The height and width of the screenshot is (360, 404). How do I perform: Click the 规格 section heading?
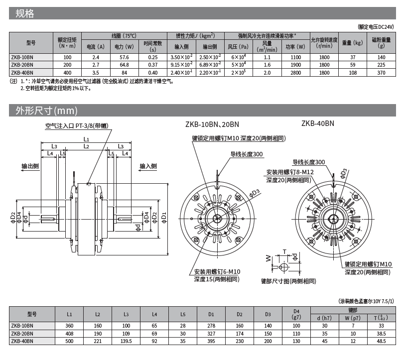click(25, 14)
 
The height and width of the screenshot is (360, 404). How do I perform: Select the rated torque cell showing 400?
click(67, 73)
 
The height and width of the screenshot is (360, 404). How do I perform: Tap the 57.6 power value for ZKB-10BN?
click(124, 58)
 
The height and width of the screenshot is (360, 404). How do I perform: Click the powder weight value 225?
click(382, 65)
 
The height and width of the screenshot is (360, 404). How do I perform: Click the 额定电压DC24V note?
click(376, 27)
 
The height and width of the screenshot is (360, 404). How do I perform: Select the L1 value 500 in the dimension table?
click(69, 341)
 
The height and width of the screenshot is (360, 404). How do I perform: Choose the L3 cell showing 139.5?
click(126, 341)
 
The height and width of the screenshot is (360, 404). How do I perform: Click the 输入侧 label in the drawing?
click(148, 166)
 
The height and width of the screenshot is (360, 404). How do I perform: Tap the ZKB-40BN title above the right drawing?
click(317, 123)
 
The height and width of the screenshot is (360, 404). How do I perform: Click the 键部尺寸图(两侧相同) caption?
click(288, 281)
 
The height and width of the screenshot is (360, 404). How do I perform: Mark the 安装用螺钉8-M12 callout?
click(290, 172)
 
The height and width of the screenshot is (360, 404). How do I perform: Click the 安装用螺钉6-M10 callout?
click(217, 271)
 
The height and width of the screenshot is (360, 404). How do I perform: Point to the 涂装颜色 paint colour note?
click(366, 301)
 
